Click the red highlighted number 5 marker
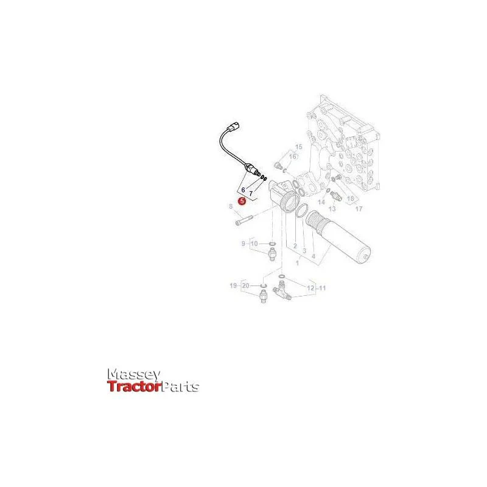242,201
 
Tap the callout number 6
243,190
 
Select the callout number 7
251,194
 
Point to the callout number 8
231,206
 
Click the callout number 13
332,209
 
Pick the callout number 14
321,202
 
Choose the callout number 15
298,147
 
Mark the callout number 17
359,209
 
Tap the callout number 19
233,286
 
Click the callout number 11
323,288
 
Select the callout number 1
298,263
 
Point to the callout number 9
243,243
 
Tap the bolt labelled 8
245,220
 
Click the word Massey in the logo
134,375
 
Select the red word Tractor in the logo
135,387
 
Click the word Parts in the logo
181,387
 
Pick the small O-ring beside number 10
272,243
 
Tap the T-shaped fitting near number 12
282,291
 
